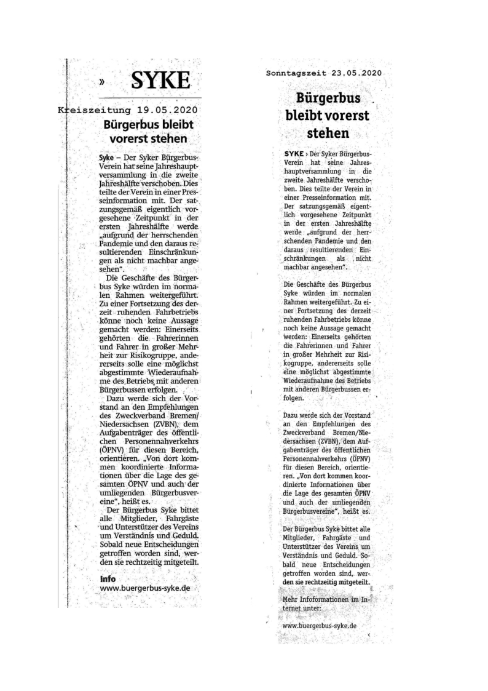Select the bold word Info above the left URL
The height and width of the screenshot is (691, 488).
coord(108,578)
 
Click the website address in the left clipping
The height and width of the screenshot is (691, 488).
coord(144,588)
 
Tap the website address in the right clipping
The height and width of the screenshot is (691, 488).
coord(320,625)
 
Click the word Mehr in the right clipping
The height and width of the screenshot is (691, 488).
coord(289,599)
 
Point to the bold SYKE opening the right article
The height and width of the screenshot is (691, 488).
coord(294,152)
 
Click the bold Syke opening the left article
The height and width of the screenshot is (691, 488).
coord(105,158)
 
